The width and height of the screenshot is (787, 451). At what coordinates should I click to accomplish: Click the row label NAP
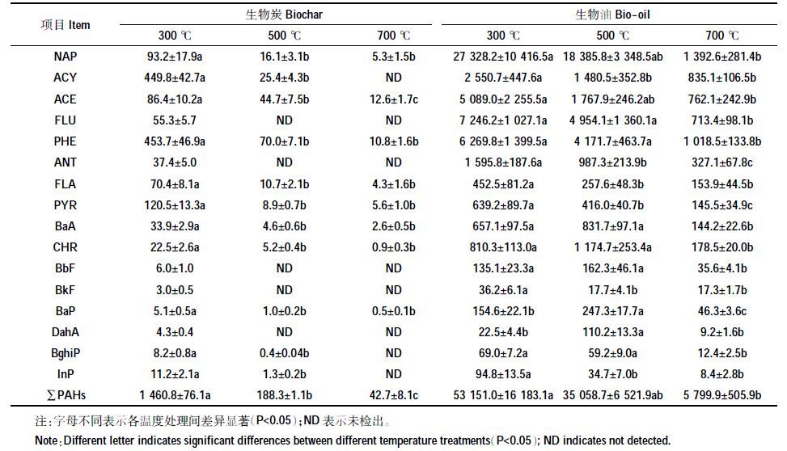coord(66,57)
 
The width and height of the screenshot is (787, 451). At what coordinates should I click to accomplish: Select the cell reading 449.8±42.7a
coord(175,78)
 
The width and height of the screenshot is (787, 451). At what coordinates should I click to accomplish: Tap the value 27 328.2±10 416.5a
coord(503,57)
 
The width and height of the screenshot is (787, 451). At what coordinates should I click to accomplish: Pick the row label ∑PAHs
coord(66,395)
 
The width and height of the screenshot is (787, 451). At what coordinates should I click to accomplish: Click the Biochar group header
coord(284,15)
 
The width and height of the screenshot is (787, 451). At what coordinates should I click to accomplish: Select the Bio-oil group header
coord(612,15)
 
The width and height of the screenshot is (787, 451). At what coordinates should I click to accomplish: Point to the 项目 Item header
coord(66,25)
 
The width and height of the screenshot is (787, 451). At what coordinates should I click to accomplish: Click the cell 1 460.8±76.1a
coord(175,395)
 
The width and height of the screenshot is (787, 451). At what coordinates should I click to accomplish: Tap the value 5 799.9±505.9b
coord(722,395)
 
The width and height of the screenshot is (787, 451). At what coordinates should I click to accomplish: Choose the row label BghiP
coord(66,353)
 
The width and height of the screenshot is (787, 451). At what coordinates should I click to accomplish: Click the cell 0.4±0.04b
coord(284,353)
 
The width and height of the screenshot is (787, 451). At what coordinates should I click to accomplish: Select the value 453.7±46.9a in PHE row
coord(175,141)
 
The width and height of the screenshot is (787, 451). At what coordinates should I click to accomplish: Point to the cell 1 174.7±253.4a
coord(613,247)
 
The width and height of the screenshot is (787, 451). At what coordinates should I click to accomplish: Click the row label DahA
coord(66,332)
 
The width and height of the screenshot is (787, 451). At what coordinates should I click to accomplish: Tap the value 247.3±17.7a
coord(613,311)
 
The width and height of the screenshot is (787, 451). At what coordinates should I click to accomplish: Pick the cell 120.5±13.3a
coord(175,205)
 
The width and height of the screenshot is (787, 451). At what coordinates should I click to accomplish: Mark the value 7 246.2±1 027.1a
coord(503,120)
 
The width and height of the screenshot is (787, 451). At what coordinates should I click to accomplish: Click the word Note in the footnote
coord(46,440)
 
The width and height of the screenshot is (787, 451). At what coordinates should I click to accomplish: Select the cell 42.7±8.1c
coord(394,395)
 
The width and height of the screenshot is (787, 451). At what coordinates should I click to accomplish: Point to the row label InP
coord(66,374)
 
